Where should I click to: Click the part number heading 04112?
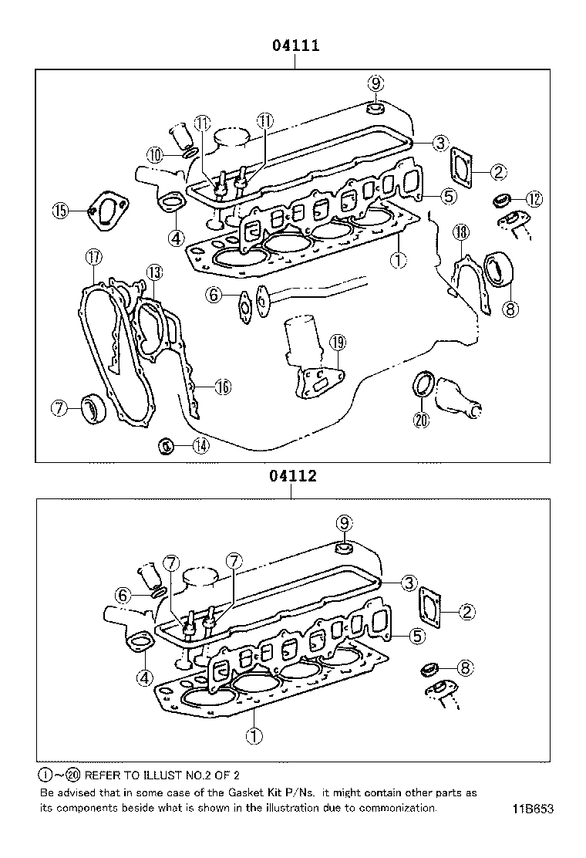293,476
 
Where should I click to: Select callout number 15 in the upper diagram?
61,210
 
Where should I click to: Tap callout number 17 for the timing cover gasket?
93,257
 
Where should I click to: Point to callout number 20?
420,421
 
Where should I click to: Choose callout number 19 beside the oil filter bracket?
336,342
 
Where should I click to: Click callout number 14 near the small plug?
200,444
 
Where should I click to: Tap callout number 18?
460,231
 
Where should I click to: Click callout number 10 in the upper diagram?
156,155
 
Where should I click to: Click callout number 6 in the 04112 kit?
121,594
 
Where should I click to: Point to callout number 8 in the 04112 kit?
465,668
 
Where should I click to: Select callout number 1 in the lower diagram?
254,735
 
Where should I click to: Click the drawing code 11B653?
531,809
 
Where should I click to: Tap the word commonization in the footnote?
393,808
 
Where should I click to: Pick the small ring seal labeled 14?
164,444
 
